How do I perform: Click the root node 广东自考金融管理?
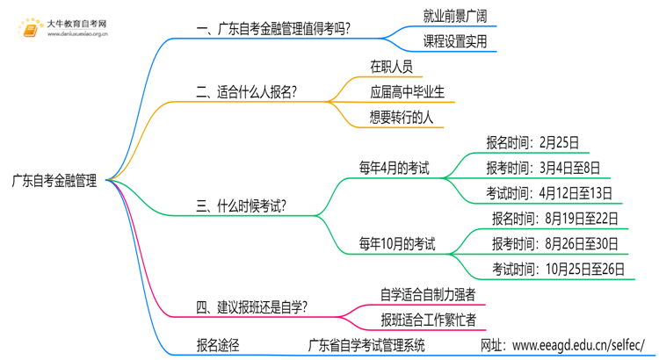54,181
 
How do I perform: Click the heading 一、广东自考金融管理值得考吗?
273,30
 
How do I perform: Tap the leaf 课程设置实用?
454,41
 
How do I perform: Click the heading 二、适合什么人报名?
246,91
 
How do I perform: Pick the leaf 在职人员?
391,66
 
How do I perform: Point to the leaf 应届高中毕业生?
407,91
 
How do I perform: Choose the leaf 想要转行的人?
402,117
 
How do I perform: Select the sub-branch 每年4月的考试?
394,168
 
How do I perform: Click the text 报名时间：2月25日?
532,143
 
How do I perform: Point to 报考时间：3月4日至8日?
543,168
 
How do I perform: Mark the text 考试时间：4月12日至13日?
549,193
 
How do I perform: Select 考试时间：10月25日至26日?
559,269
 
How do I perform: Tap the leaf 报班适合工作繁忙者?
428,320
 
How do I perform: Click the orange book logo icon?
30,30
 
